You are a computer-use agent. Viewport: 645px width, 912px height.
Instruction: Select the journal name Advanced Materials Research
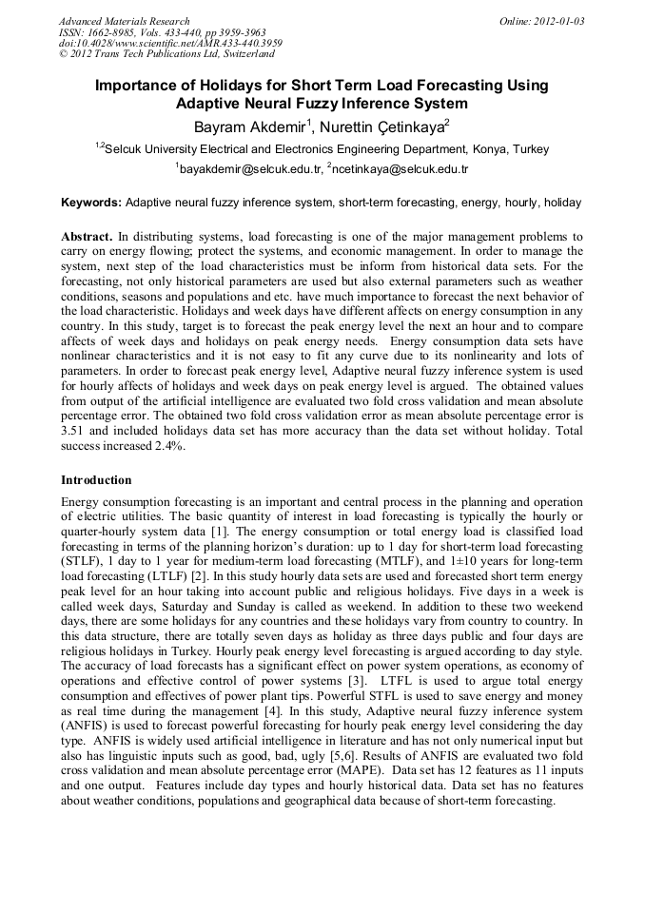[124, 20]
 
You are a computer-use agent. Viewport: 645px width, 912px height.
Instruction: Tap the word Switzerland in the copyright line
[234, 54]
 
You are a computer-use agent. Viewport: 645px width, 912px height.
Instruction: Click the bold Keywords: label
[91, 203]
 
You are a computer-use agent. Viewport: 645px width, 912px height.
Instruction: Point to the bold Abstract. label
[87, 235]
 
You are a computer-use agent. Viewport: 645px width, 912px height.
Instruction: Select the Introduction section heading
[96, 480]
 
